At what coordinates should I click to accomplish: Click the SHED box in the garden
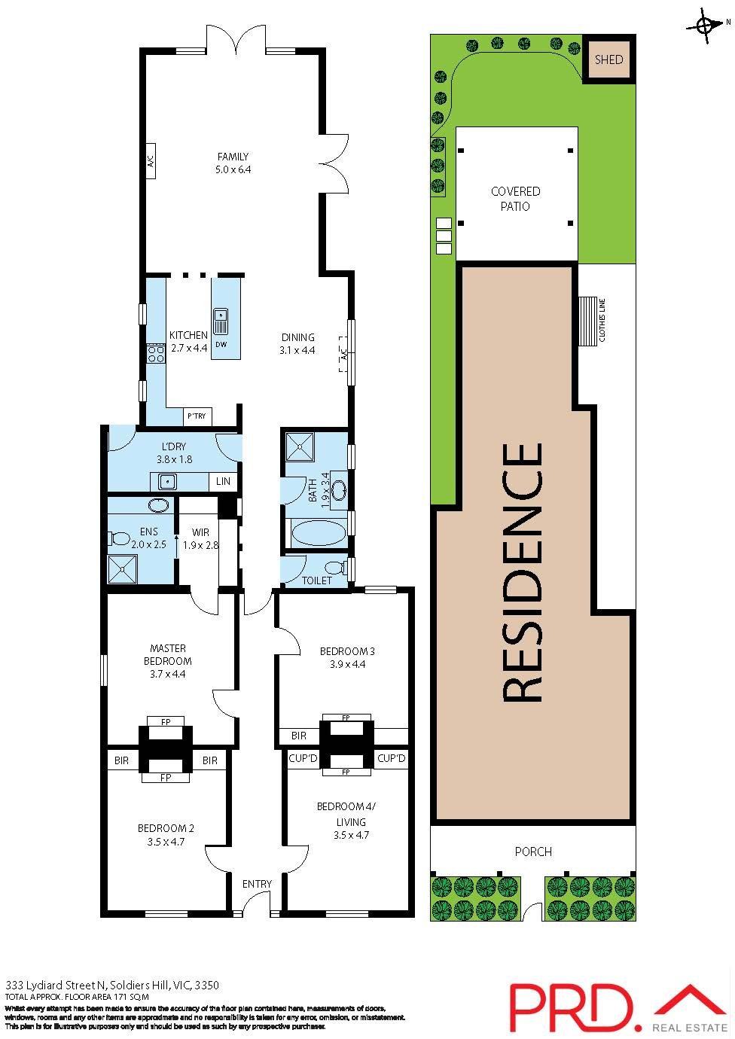click(x=608, y=59)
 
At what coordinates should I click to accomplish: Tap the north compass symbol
click(x=706, y=26)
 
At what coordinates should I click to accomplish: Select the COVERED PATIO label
click(x=515, y=199)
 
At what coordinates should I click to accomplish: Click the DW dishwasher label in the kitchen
click(x=221, y=345)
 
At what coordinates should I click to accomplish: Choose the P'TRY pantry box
click(x=198, y=416)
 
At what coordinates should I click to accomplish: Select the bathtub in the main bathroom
click(x=318, y=534)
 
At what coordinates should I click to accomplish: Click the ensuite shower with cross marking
click(x=122, y=569)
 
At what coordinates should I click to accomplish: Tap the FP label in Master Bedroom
click(x=166, y=722)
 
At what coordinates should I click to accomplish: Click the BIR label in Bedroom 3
click(x=298, y=736)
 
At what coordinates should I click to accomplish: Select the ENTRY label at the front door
click(x=257, y=884)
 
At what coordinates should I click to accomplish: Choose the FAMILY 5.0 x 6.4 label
click(x=233, y=163)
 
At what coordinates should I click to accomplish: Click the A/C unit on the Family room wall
click(x=150, y=160)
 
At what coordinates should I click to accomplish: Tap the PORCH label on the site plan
click(x=533, y=852)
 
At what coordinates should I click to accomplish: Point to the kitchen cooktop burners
click(x=157, y=354)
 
